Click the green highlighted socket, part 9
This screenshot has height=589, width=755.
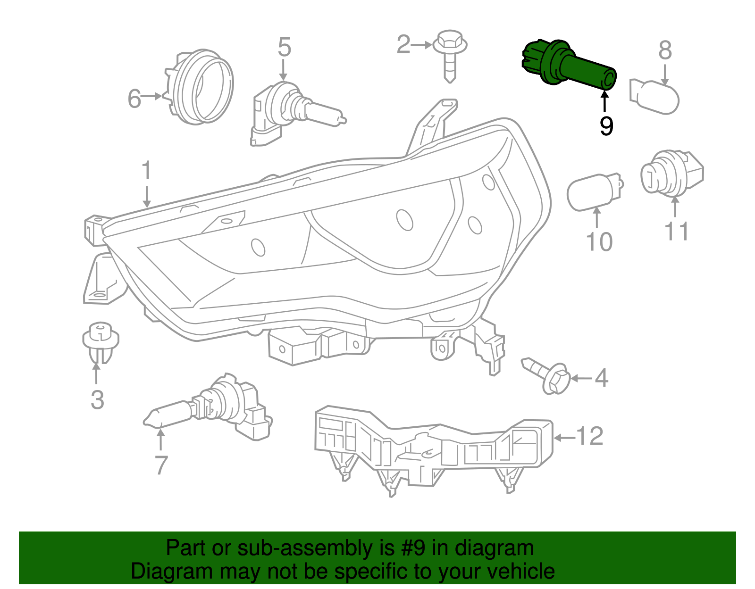click(569, 66)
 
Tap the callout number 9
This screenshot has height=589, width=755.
click(606, 126)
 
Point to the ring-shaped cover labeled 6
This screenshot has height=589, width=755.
click(201, 87)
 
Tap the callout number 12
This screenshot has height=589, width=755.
click(590, 436)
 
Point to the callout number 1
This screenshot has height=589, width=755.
click(147, 171)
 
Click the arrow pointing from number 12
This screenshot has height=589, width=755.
click(564, 438)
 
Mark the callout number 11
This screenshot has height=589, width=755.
click(676, 232)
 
